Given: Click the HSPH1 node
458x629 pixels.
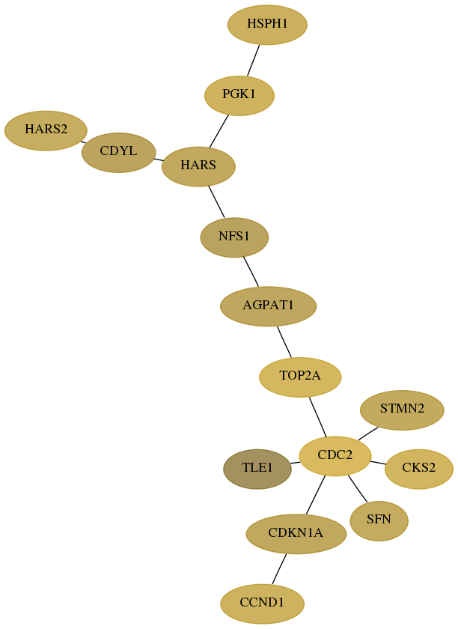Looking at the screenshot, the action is (267, 25).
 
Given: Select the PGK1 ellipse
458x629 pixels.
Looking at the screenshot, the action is (239, 96).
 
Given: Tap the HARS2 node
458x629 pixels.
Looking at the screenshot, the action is (46, 130).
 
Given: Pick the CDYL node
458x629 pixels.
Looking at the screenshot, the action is (118, 153).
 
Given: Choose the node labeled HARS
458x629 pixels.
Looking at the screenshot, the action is (198, 166).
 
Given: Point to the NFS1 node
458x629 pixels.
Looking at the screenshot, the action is (234, 237).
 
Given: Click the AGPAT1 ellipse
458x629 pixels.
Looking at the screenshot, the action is (269, 306).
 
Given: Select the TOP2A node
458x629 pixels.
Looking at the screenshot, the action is (300, 377).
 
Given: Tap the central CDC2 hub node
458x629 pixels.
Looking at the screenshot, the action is (335, 456).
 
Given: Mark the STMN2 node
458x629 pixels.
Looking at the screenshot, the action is (402, 410).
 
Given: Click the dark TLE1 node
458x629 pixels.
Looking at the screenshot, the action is (257, 469).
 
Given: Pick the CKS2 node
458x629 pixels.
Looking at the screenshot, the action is (418, 469).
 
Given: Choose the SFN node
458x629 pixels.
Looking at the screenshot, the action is (379, 520).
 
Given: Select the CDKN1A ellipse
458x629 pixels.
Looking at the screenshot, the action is (296, 534).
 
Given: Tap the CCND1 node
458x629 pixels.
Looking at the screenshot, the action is (262, 604).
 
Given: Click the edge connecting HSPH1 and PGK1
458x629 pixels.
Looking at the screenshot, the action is (254, 60).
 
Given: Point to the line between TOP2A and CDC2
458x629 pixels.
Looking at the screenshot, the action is (317, 417).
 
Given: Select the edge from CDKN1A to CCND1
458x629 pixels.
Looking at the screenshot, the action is (280, 569).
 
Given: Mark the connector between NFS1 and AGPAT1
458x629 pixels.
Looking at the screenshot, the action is (251, 272).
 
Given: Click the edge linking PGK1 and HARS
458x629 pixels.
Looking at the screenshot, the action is (219, 131).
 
